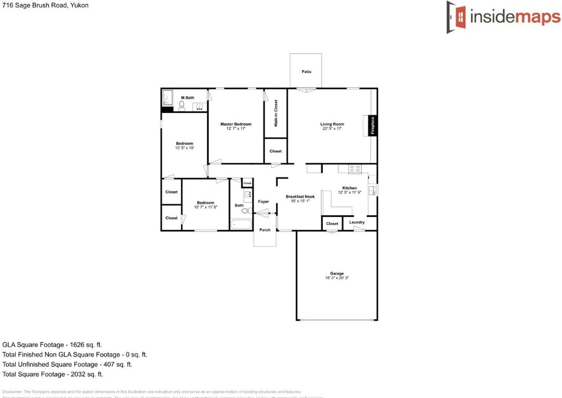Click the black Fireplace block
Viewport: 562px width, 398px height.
(x=372, y=125)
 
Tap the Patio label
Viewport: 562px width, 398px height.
(x=306, y=72)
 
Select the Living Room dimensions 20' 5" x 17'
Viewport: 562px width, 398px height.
(x=332, y=129)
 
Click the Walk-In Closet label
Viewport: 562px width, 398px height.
(x=276, y=113)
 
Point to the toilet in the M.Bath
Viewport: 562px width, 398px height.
(x=181, y=106)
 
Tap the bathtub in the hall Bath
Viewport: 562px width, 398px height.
(x=241, y=224)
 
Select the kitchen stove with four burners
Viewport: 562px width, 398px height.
(x=355, y=169)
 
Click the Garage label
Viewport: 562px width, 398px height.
(x=337, y=273)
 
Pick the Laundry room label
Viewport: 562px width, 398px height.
(x=357, y=222)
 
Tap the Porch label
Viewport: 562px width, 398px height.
(x=265, y=230)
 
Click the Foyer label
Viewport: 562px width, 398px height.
(x=263, y=201)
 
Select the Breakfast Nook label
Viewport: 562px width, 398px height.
(x=300, y=197)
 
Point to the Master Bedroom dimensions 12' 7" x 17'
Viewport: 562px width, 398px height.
(x=236, y=129)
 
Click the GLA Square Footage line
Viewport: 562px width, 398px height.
(x=52, y=345)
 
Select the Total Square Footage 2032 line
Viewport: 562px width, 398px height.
(x=53, y=374)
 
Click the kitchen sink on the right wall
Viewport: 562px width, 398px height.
(x=372, y=190)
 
